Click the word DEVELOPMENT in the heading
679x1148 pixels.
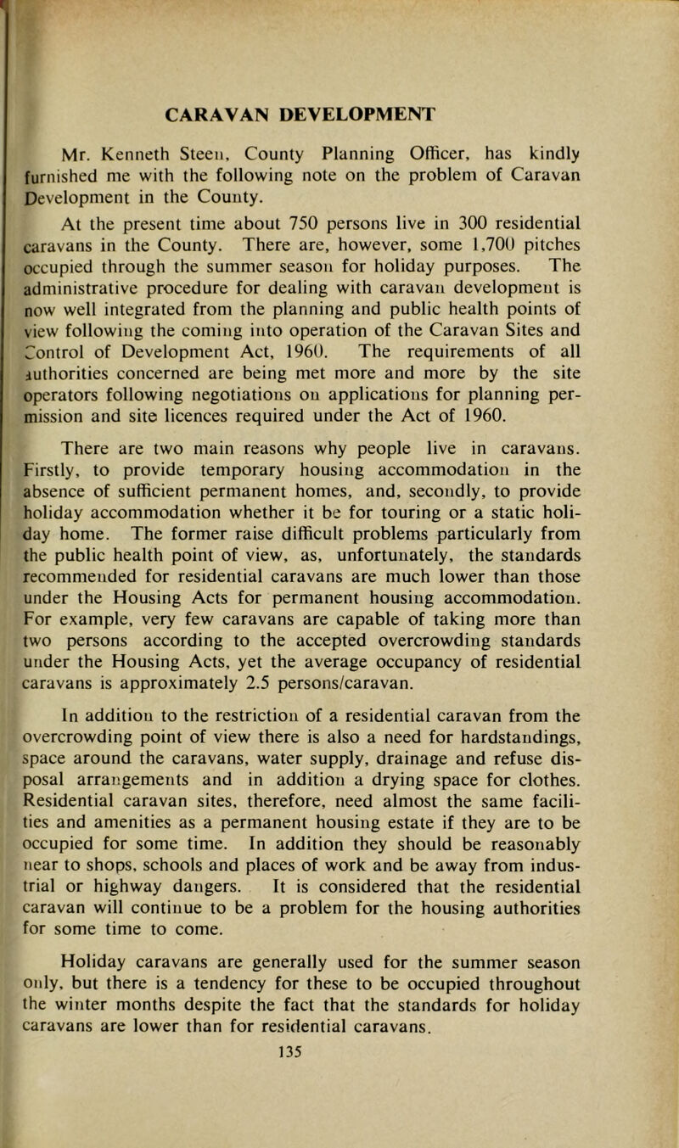(372, 113)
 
